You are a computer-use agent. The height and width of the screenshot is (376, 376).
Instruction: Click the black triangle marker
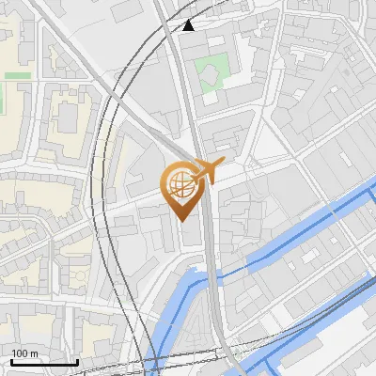coord(189,24)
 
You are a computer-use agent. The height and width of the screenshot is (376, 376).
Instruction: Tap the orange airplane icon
coord(208,171)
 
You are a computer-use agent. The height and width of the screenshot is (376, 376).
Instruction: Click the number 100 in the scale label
coord(20,353)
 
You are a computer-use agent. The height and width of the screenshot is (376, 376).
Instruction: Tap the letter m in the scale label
coord(33,353)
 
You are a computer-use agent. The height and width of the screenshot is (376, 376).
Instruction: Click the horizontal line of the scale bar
coord(44,362)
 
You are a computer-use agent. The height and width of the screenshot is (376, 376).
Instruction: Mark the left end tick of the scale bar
coord(11,360)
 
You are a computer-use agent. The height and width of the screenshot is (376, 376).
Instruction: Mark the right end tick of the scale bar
coord(77,360)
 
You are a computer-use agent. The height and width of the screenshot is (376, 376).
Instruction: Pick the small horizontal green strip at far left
coord(16,75)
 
